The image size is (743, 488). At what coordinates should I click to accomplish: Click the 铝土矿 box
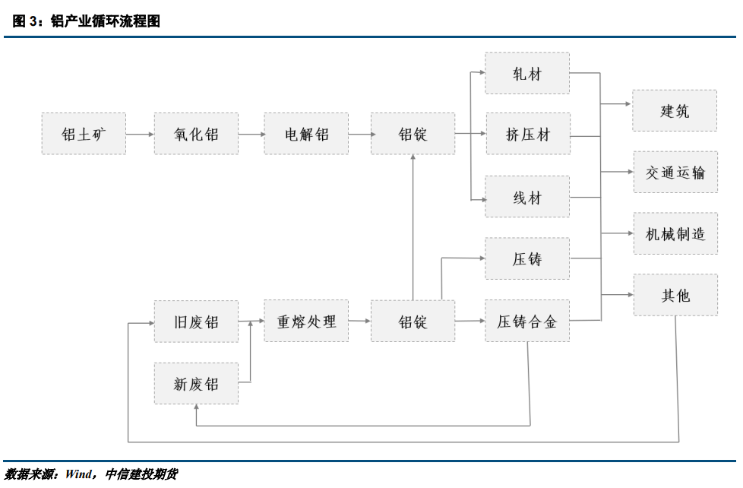(84, 134)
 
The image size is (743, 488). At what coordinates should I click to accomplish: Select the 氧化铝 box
(196, 134)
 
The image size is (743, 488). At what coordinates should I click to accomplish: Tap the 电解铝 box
(306, 134)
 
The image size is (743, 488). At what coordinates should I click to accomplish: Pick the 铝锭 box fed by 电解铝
(413, 134)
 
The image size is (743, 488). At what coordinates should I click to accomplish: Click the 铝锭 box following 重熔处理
(413, 321)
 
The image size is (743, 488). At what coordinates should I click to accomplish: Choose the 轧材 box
(527, 73)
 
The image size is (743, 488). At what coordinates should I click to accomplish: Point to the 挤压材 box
(527, 135)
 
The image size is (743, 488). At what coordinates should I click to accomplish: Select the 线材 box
(527, 197)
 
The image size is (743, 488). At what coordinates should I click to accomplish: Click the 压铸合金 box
(527, 321)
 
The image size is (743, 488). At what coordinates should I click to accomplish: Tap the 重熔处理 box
(306, 321)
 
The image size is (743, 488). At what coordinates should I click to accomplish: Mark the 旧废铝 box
(196, 321)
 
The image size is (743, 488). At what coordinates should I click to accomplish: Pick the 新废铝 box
(196, 383)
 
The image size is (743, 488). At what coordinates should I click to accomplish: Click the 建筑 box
(675, 110)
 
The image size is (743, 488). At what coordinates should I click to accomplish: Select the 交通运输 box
(675, 172)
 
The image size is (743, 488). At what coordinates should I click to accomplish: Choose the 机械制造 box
(675, 233)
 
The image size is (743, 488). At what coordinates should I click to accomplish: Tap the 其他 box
(675, 295)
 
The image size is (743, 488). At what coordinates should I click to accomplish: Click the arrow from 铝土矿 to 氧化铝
(140, 135)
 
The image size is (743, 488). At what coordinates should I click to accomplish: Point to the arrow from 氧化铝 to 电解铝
(251, 135)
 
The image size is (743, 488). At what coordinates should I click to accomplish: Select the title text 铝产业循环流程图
(106, 22)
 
